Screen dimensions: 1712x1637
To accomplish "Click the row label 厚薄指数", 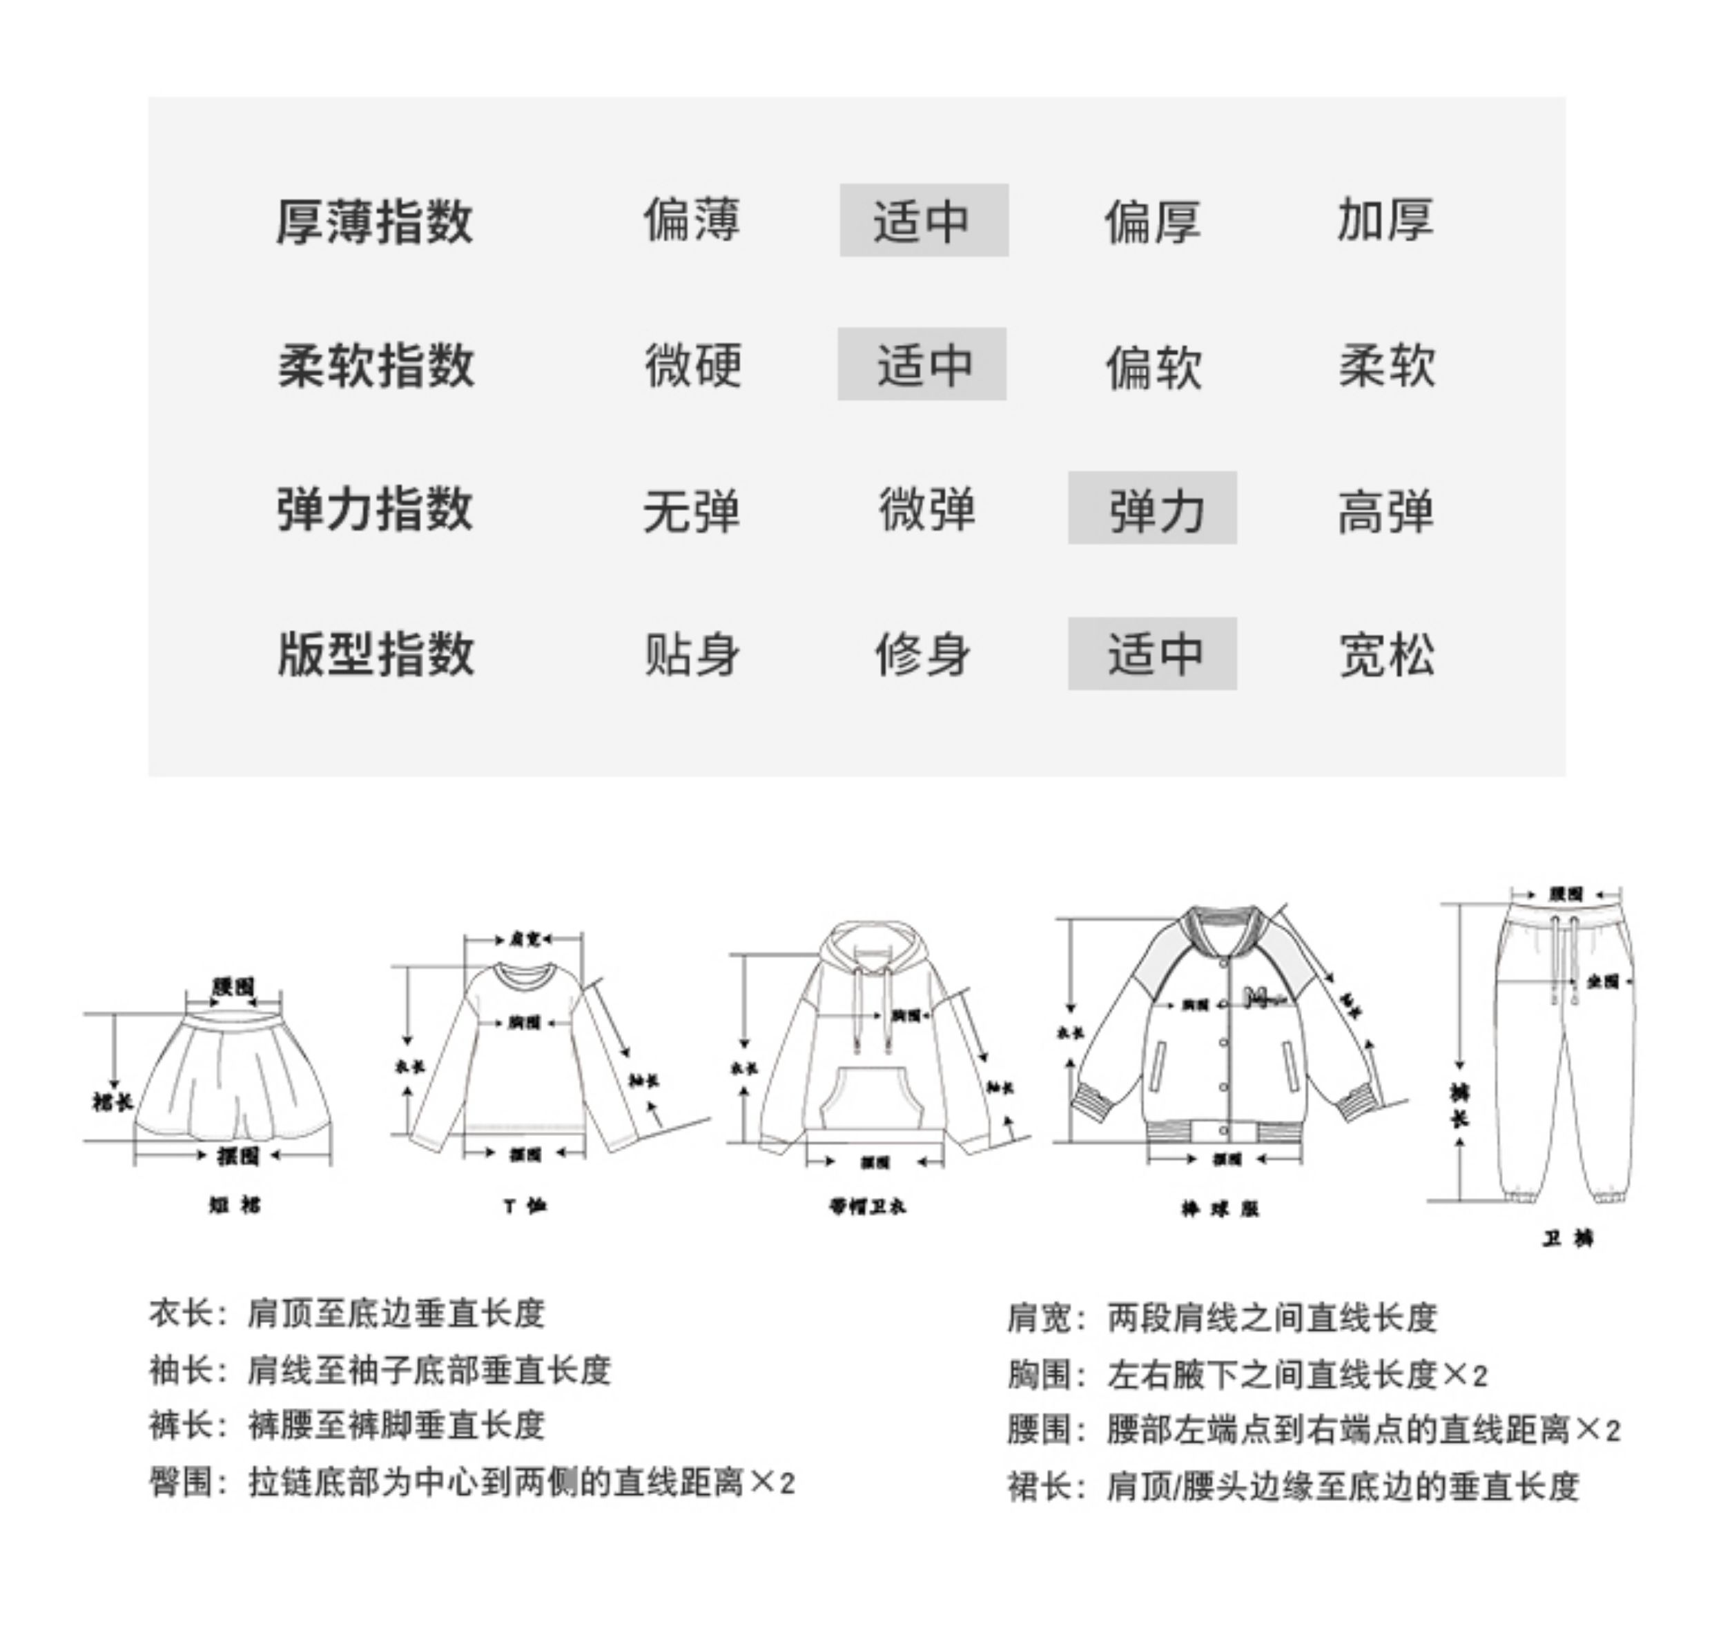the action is (x=375, y=222).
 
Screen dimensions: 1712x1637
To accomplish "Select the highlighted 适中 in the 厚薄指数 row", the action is (x=923, y=221).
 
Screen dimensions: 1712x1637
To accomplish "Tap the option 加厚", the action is (x=1385, y=221).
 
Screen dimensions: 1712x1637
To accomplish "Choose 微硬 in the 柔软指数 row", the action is (x=693, y=366).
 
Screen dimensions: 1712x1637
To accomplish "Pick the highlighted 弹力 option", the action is (x=1152, y=509).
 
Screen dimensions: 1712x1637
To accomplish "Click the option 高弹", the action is (x=1385, y=511).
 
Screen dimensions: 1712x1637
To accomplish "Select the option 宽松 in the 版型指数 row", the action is (x=1386, y=654).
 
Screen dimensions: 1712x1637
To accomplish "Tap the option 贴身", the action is (x=692, y=654).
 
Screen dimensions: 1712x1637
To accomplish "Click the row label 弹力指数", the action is (x=375, y=509).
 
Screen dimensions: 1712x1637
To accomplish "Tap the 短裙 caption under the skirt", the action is (x=234, y=1205).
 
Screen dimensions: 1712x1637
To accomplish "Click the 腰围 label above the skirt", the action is (x=233, y=987).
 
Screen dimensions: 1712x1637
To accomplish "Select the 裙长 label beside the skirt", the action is (x=112, y=1102).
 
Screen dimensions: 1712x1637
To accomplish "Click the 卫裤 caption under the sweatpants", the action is (x=1568, y=1238).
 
